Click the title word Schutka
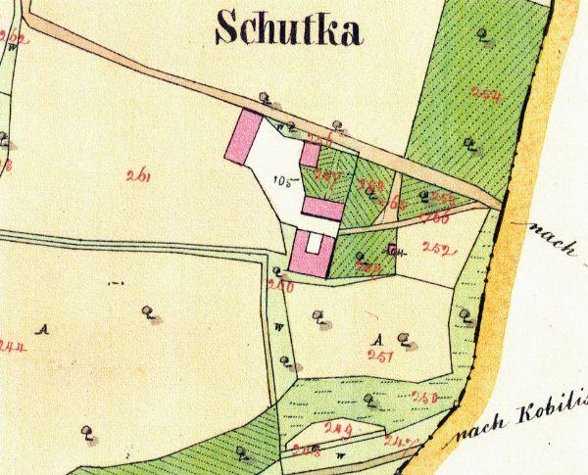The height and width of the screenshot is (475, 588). coord(288,28)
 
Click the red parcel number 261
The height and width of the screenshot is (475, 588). coord(137,176)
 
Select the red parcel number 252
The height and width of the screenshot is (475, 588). coord(434,249)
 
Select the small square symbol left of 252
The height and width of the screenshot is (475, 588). coord(393,250)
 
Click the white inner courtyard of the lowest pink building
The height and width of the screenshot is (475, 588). coord(314,244)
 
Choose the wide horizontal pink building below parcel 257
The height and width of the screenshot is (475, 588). coord(321,207)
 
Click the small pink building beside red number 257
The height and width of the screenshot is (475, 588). coord(309,156)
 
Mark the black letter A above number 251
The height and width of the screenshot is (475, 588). coord(378,338)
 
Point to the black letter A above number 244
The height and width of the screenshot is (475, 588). coord(41,330)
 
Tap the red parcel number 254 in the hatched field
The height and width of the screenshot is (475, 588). coord(484,95)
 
